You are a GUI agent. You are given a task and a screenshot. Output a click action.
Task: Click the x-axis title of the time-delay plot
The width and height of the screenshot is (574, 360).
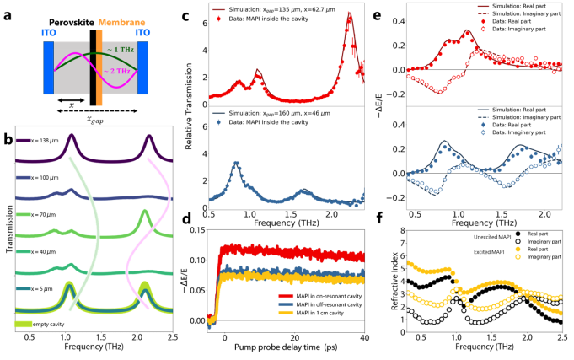(x=288, y=347)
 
